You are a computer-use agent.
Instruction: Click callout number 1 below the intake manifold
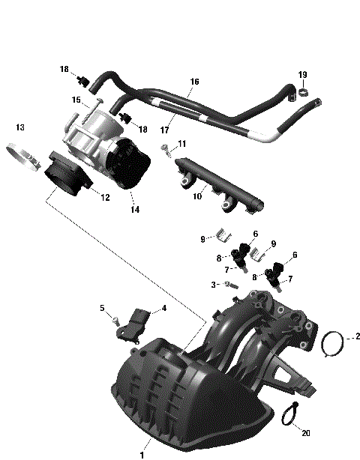pos(142,453)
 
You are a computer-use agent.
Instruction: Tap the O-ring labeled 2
pos(332,345)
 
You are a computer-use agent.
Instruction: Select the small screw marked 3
pos(232,285)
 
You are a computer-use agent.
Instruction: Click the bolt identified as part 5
pos(115,320)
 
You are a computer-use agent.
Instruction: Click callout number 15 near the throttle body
pos(76,100)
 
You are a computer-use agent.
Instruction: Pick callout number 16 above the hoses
pos(194,81)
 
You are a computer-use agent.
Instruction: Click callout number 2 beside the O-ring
pos(358,336)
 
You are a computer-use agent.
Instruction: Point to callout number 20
pos(304,433)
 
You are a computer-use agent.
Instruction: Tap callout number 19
pos(303,75)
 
